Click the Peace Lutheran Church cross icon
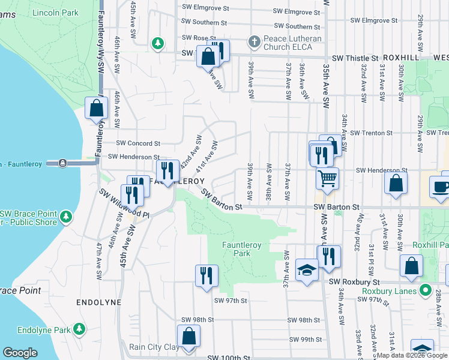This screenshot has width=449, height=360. point(254,43)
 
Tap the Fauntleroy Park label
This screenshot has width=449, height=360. point(244,249)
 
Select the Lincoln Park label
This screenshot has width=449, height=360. point(56,13)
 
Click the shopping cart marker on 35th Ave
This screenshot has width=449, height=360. point(327,178)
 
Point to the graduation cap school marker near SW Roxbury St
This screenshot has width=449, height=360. point(306,269)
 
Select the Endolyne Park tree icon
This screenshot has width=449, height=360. point(78,329)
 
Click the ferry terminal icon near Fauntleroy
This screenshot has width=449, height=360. point(62,163)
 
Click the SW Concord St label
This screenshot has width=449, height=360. point(138,143)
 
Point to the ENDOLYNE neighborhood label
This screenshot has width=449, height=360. point(99,303)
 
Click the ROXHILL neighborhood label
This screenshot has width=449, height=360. point(399,58)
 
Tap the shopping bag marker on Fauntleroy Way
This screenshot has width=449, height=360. point(96,109)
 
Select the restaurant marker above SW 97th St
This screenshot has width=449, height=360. point(206,276)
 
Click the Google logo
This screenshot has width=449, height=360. point(20,353)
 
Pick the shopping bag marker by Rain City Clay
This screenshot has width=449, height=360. point(188,336)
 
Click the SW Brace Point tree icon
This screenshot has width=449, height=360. point(66,215)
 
